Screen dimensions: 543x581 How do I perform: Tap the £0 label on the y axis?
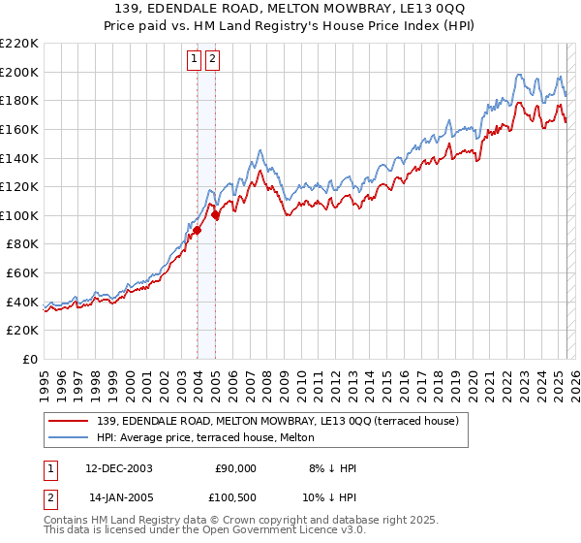(x=30, y=360)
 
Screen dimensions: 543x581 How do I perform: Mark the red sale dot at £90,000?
(x=197, y=230)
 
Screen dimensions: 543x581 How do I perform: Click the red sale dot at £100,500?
(x=215, y=215)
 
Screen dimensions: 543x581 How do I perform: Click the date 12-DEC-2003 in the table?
(x=119, y=468)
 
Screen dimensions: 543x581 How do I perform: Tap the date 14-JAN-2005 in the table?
(x=119, y=498)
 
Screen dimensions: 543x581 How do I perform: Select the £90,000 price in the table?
(x=235, y=468)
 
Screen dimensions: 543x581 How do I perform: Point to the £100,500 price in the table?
(x=235, y=498)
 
